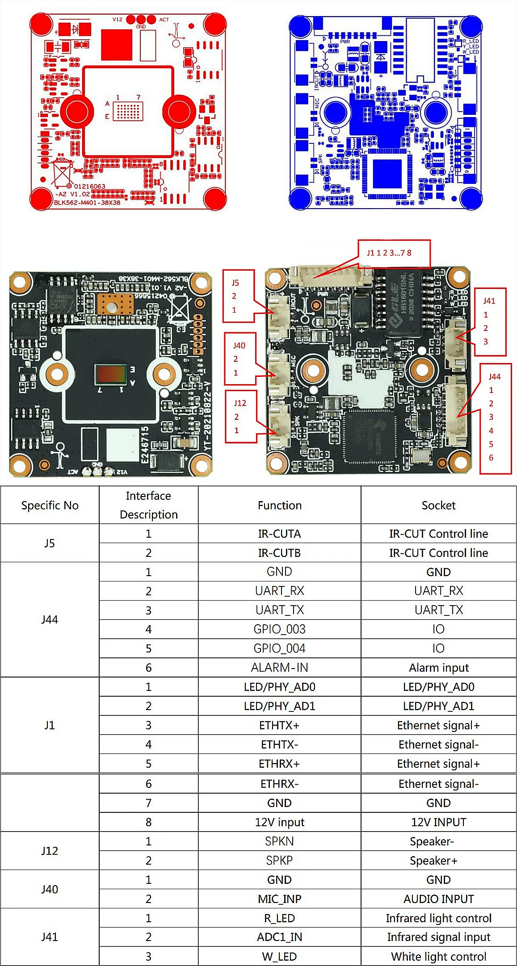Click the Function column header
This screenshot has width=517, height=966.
pyautogui.click(x=279, y=505)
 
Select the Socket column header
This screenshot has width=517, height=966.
pyautogui.click(x=438, y=505)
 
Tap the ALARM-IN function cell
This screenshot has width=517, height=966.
pyautogui.click(x=279, y=667)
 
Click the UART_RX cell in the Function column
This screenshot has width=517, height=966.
pyautogui.click(x=279, y=591)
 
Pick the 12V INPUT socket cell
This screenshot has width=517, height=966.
pyautogui.click(x=438, y=822)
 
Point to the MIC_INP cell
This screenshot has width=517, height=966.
pyautogui.click(x=279, y=899)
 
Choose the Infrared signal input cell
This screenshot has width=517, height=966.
pyautogui.click(x=438, y=937)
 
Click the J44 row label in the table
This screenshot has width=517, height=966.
pyautogui.click(x=50, y=619)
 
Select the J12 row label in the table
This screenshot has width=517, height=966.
pyautogui.click(x=50, y=850)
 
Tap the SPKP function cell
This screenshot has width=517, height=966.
pyautogui.click(x=279, y=860)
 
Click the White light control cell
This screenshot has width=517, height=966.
pyautogui.click(x=438, y=956)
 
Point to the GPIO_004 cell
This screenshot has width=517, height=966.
pyautogui.click(x=279, y=648)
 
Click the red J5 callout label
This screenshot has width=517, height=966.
pyautogui.click(x=235, y=283)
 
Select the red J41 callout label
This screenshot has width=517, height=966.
pyautogui.click(x=489, y=301)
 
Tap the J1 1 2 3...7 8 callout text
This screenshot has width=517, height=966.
pyautogui.click(x=389, y=253)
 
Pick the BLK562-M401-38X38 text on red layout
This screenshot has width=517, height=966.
pyautogui.click(x=87, y=202)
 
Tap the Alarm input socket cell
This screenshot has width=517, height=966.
pyautogui.click(x=438, y=667)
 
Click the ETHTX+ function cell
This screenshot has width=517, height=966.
pyautogui.click(x=279, y=725)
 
